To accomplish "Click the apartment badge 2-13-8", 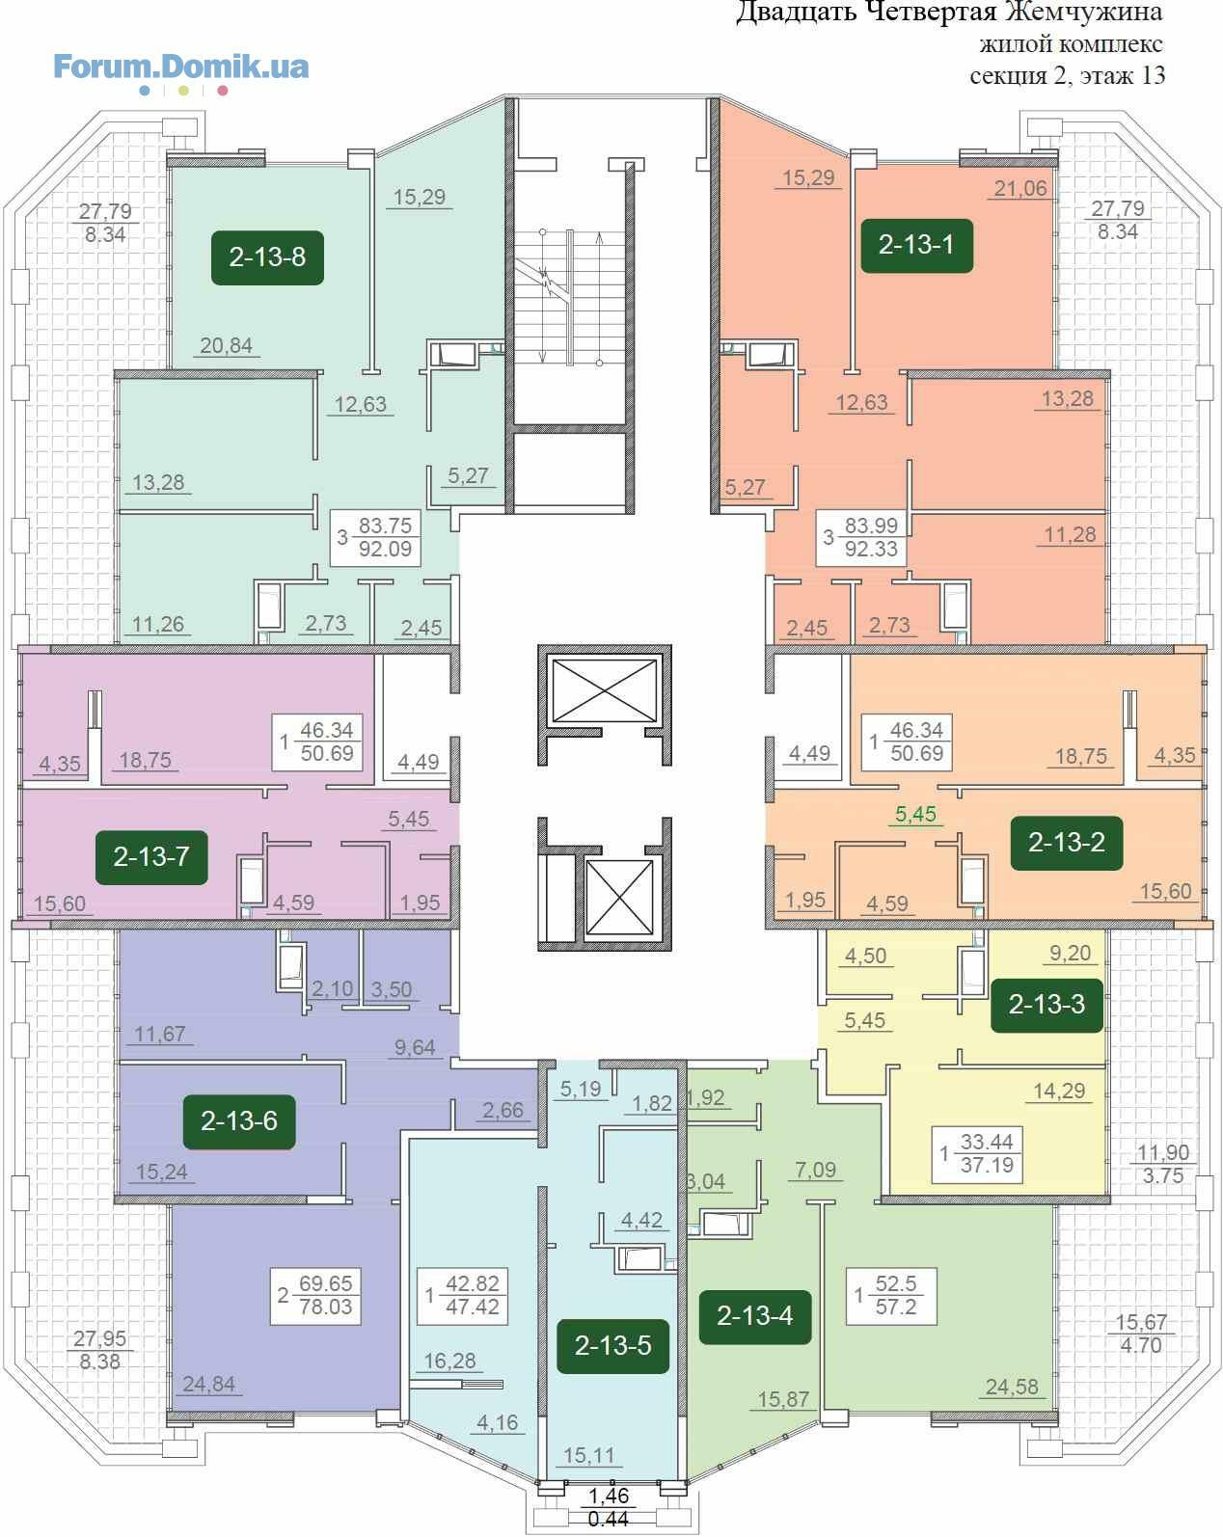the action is [267, 257].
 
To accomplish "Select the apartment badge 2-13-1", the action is [916, 245].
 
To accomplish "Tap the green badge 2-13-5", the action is [612, 1345].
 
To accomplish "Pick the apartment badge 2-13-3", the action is [1046, 1004].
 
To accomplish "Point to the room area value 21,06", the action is [1020, 189].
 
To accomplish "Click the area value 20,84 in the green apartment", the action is [227, 346].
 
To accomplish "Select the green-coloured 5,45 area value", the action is [916, 814].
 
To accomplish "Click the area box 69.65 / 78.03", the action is [315, 1296].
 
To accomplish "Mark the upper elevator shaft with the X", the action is [605, 690].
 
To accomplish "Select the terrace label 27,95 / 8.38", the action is [100, 1350].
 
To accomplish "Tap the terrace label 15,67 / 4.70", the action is [1141, 1334].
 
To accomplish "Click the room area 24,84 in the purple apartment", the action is [208, 1384].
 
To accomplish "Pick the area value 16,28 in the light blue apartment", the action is [450, 1361].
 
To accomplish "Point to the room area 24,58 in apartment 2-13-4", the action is [1013, 1387].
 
